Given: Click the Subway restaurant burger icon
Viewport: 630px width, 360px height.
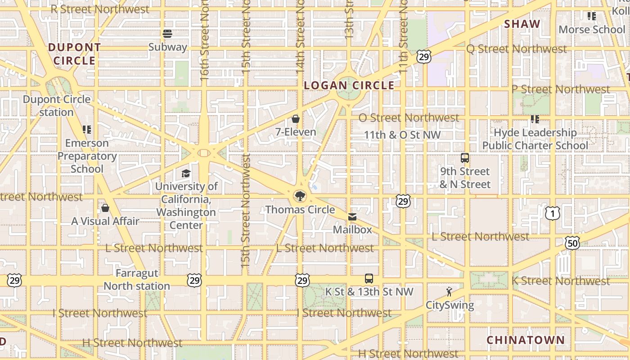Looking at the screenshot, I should (x=167, y=34).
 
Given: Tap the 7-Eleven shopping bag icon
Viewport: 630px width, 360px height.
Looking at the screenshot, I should (x=296, y=119).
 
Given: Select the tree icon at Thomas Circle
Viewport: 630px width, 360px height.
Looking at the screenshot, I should (x=299, y=196).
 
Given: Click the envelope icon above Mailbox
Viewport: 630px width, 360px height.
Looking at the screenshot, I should (x=352, y=217).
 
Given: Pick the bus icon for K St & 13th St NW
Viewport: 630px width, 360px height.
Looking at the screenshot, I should (x=369, y=279).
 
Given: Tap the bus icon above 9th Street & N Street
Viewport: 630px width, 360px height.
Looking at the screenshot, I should (x=465, y=158).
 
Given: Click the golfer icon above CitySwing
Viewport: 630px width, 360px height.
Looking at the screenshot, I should (x=449, y=292).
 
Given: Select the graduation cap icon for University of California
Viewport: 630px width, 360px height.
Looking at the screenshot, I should (x=186, y=173).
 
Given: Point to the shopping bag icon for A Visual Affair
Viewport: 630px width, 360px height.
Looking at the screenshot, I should (x=105, y=208).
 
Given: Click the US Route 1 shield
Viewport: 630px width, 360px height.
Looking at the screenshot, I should (x=553, y=213).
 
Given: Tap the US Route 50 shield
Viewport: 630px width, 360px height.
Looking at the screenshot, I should (x=572, y=243).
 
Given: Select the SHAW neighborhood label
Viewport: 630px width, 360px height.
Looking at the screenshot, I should (x=522, y=24).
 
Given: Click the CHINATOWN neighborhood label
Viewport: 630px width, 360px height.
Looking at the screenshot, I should (x=526, y=340).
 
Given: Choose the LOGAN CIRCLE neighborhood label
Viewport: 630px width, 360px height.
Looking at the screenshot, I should (x=349, y=85).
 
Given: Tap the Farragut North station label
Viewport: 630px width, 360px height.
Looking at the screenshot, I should (x=137, y=279).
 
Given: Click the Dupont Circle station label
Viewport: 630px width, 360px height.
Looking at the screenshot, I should (x=57, y=106).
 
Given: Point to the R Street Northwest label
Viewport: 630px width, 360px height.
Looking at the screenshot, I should (x=100, y=9).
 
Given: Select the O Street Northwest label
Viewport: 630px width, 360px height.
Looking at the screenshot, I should (x=409, y=118).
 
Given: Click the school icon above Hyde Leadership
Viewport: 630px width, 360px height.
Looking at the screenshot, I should (x=535, y=119).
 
